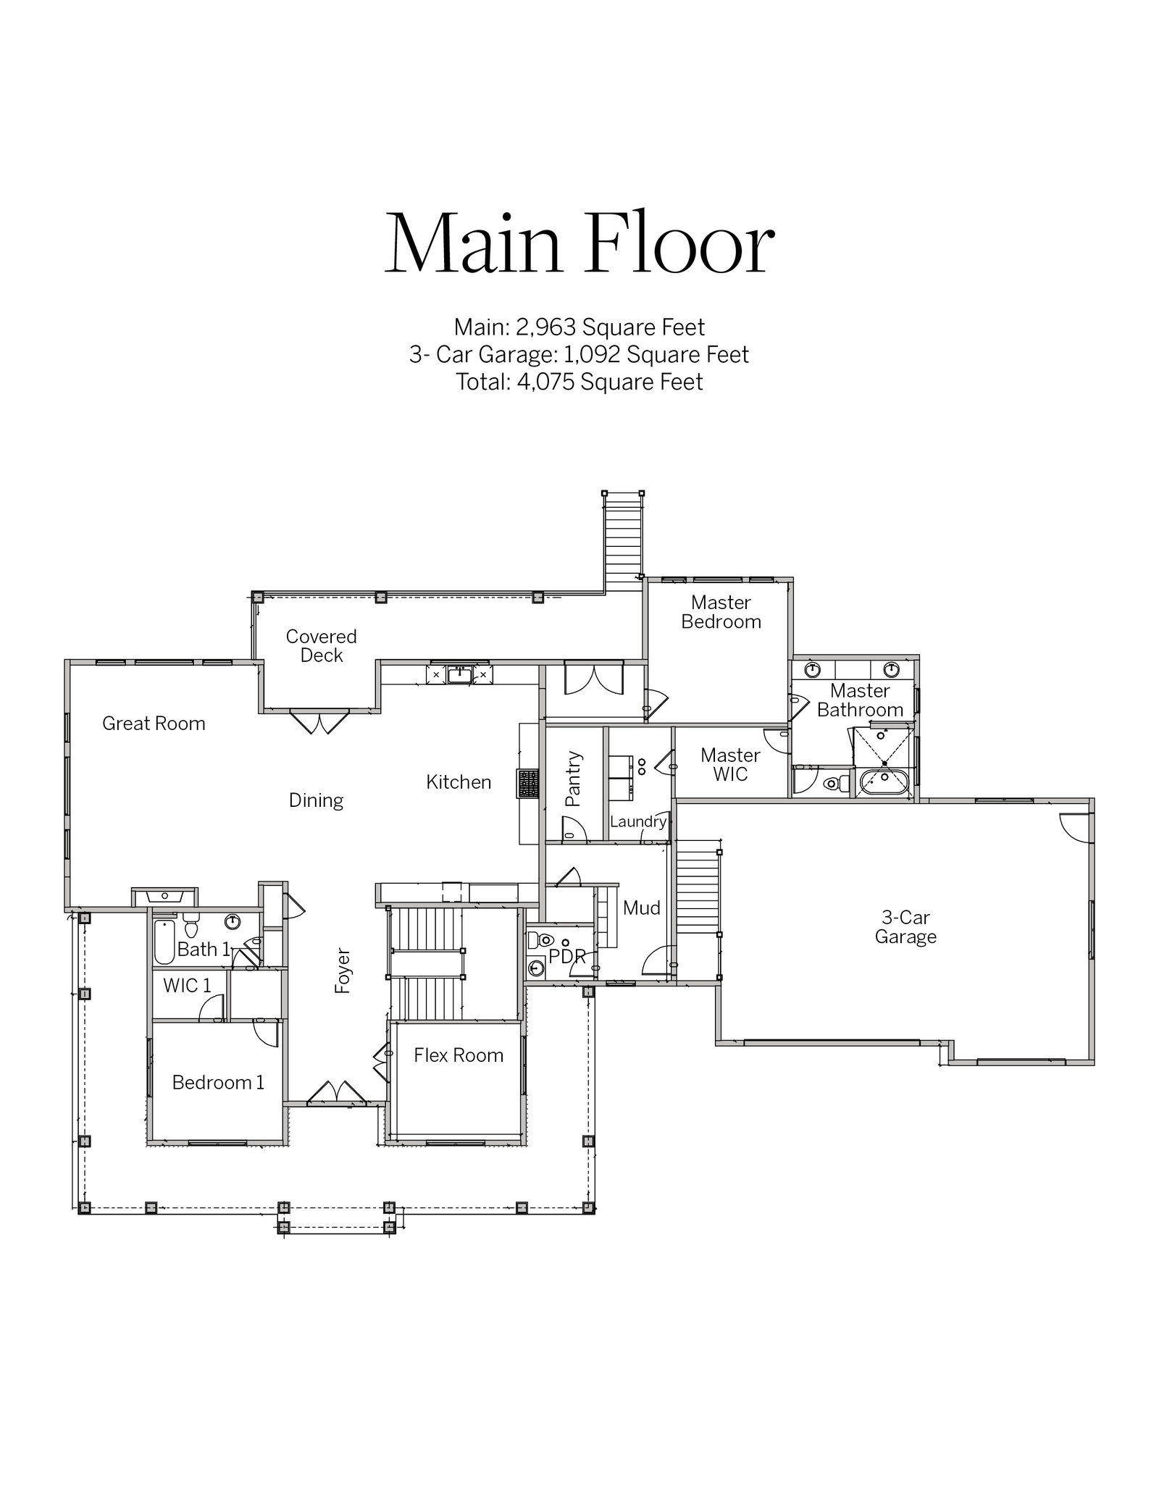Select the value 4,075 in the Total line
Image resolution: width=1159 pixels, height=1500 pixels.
(x=545, y=382)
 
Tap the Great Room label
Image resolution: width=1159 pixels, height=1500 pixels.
(x=154, y=723)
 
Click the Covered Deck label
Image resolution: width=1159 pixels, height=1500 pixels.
(x=321, y=645)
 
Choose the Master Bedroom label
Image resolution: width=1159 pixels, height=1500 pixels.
(x=721, y=612)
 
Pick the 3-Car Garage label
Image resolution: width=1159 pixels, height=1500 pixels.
(x=905, y=927)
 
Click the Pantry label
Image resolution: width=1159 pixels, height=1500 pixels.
(x=573, y=779)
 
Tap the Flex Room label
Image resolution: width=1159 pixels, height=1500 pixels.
(x=459, y=1055)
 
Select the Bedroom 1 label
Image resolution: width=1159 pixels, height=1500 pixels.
(x=218, y=1082)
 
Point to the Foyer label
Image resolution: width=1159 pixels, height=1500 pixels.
(x=343, y=971)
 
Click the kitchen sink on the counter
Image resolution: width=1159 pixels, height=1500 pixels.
(x=460, y=675)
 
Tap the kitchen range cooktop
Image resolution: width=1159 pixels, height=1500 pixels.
(x=528, y=784)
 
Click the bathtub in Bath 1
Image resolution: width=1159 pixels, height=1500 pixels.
(x=164, y=942)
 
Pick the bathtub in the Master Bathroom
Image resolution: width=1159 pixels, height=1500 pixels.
(x=884, y=783)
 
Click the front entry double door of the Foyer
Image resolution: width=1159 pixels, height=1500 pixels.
(x=337, y=1094)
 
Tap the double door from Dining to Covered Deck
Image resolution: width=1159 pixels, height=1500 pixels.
(x=319, y=721)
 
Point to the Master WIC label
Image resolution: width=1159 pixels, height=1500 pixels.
(x=730, y=765)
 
